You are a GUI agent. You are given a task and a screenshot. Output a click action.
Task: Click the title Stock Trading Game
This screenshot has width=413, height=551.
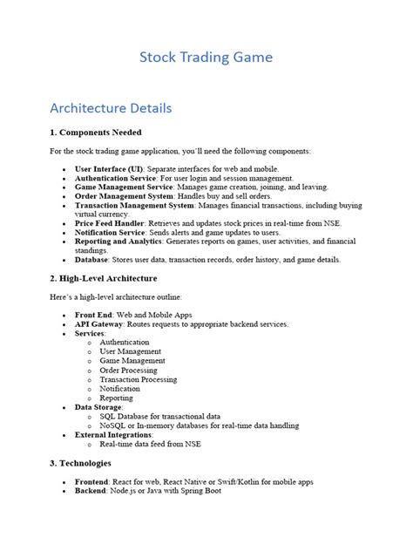tap(206, 58)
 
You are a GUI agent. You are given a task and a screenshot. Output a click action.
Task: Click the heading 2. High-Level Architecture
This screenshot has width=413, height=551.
tap(103, 278)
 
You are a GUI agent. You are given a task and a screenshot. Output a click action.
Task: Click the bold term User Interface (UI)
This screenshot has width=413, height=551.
tap(108, 167)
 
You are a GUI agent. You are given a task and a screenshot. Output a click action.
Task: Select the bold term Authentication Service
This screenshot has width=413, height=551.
tap(114, 177)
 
